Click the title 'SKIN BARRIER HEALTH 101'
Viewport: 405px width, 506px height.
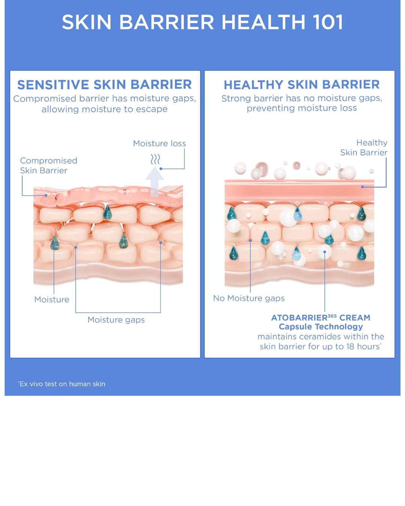(202, 22)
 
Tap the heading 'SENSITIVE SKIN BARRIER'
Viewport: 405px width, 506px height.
(105, 85)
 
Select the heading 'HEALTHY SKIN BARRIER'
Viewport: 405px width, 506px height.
(301, 85)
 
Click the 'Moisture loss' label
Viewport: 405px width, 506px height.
(159, 144)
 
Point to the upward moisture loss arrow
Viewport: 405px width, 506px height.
(154, 182)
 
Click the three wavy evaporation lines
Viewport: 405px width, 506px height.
(155, 159)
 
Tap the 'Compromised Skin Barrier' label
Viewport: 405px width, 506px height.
(48, 166)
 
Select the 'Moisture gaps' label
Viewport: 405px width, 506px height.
(116, 320)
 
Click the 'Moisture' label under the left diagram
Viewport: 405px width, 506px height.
(52, 299)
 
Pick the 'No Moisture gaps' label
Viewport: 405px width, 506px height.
(249, 298)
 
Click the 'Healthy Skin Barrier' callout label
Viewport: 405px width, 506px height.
(364, 147)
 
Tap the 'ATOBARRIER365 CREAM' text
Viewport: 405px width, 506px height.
(321, 318)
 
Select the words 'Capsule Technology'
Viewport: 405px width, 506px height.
(321, 327)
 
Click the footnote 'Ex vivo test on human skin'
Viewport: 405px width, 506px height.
(61, 384)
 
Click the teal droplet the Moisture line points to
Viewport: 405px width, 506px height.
(54, 243)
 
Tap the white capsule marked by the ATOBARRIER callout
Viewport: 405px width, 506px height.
(324, 252)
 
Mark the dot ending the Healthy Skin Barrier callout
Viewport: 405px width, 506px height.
(362, 187)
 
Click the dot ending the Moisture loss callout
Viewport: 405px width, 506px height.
(161, 169)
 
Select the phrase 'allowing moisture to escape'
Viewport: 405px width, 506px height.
(105, 109)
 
